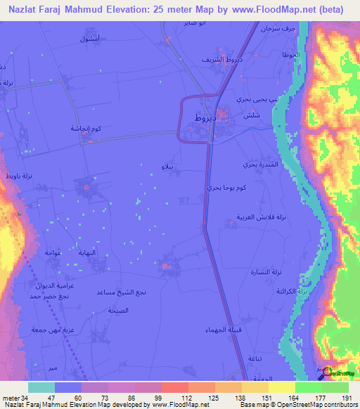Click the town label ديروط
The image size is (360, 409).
pyautogui.click(x=205, y=119)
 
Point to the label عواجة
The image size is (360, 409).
pyautogui.click(x=54, y=252)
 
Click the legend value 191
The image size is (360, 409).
pyautogui.click(x=345, y=398)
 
